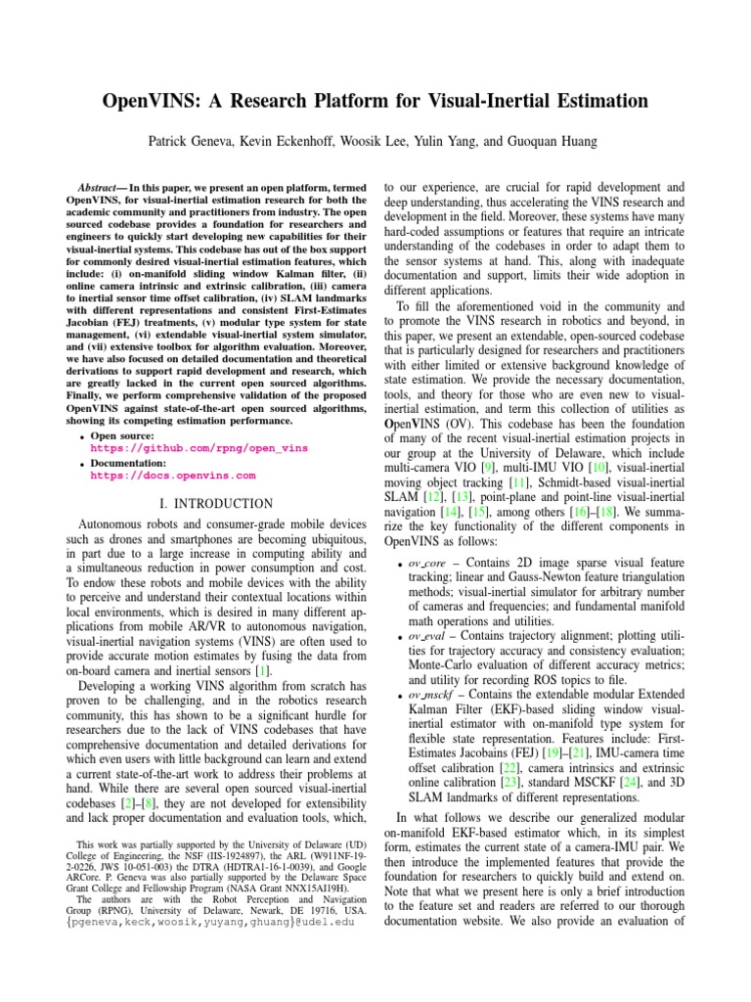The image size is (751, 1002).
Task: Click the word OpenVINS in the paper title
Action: coord(157,101)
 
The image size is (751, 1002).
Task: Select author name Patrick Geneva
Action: coord(191,142)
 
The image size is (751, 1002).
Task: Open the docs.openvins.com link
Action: coord(173,476)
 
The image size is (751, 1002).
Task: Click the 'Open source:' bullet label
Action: coord(124,435)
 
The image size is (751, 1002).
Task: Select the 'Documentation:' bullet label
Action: coord(127,463)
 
